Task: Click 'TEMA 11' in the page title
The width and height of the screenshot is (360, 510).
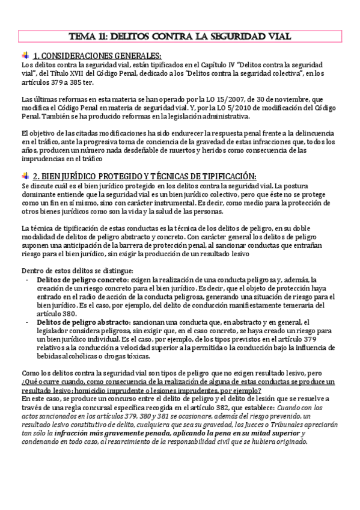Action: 88,35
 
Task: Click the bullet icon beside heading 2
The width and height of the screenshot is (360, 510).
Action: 25,176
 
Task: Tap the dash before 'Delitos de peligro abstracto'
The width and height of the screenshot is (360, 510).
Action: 28,323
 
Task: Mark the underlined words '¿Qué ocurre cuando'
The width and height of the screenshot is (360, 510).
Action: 53,382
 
